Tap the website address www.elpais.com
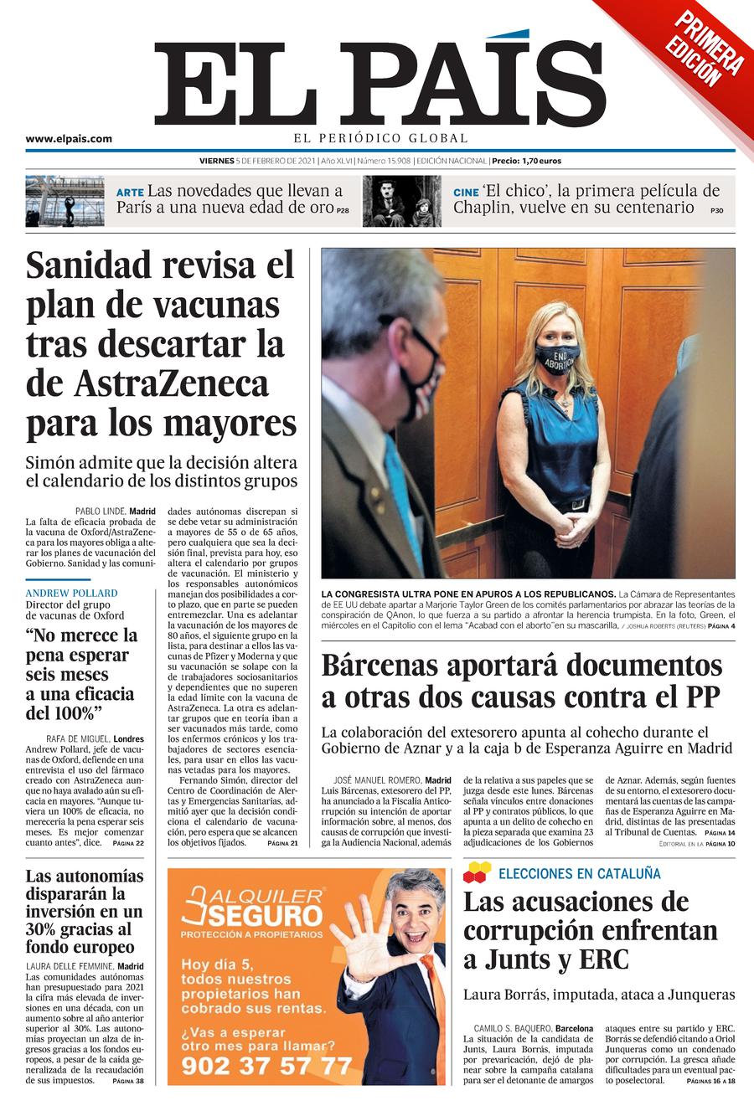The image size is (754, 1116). click(x=69, y=140)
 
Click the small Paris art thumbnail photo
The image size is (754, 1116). click(x=65, y=202)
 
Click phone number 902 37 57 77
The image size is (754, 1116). click(x=267, y=1065)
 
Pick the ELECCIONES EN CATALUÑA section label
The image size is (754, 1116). click(x=579, y=874)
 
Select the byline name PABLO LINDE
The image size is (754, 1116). click(x=100, y=511)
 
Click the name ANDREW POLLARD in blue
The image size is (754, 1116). click(x=71, y=593)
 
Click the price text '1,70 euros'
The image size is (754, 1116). click(x=540, y=160)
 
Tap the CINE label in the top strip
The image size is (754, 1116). click(x=466, y=192)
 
